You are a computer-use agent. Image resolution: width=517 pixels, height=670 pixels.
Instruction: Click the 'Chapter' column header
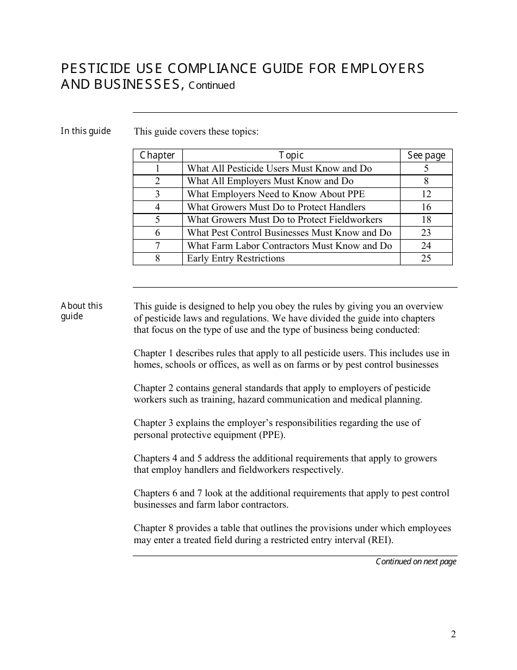(157, 155)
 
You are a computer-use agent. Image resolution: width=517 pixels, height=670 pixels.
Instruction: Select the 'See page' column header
(426, 155)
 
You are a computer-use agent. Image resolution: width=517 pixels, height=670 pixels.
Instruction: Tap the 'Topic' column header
(291, 155)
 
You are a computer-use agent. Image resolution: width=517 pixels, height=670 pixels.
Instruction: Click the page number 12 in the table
(426, 194)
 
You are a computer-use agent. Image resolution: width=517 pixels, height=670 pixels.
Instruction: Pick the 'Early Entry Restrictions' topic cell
(236, 258)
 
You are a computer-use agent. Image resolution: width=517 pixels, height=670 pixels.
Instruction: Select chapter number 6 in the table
(157, 233)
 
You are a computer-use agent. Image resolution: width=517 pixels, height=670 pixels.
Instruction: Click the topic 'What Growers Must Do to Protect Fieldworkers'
(285, 220)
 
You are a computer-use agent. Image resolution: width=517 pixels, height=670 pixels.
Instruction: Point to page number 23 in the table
(426, 233)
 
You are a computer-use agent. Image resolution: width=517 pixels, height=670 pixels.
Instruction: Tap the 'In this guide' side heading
(85, 131)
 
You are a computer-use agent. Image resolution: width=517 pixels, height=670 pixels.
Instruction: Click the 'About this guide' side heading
(81, 311)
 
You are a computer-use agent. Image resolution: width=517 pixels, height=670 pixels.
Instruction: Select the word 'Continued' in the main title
(212, 86)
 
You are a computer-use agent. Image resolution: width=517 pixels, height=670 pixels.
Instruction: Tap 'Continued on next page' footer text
(416, 562)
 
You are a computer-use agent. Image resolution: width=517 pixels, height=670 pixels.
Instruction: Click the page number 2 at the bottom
(453, 634)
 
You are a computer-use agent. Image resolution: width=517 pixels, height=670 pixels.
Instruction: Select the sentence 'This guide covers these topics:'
(196, 131)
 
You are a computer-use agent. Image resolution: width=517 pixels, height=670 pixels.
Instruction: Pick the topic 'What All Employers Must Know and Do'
(270, 181)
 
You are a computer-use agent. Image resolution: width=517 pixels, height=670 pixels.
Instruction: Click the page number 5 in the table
(426, 168)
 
